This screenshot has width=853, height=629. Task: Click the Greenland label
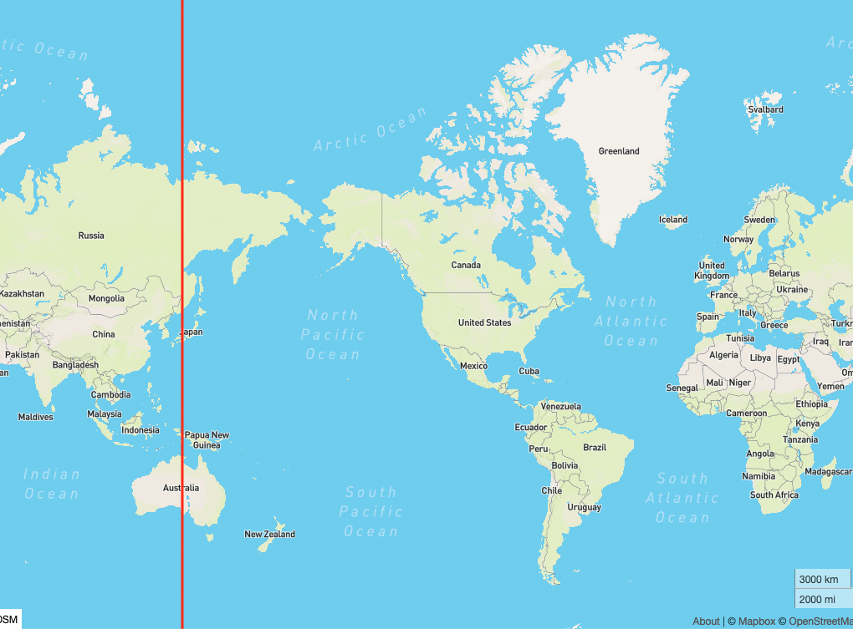(619, 151)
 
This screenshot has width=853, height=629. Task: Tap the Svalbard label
(765, 109)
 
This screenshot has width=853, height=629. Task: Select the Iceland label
(673, 220)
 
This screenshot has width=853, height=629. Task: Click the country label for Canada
(466, 265)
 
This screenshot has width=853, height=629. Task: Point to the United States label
(484, 322)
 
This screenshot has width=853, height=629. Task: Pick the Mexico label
(473, 366)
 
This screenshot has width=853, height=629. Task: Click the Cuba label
(529, 371)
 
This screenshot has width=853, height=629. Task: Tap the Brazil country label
(595, 447)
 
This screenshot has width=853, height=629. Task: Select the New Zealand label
(269, 534)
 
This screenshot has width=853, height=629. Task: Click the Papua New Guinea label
(207, 440)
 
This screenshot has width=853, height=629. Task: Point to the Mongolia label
(106, 298)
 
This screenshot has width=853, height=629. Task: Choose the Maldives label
(35, 417)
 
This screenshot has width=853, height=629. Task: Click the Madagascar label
(828, 471)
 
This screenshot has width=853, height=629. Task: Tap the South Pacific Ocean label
(370, 511)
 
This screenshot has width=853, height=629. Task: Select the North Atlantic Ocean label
(631, 321)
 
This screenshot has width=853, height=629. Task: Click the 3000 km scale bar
(820, 579)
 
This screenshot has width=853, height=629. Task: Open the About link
(706, 621)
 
